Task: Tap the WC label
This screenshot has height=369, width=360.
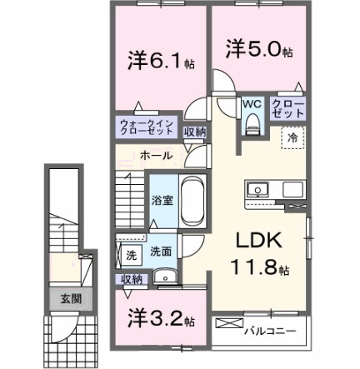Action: pos(252,105)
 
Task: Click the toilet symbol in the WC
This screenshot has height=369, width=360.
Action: pos(252,125)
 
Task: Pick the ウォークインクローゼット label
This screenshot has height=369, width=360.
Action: pos(146,130)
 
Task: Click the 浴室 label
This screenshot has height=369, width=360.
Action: pos(162,199)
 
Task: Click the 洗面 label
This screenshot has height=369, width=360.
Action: pos(161,252)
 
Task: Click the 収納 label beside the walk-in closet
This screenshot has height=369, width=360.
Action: pos(194,131)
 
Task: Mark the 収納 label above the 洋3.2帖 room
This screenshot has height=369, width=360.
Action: pos(132,278)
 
